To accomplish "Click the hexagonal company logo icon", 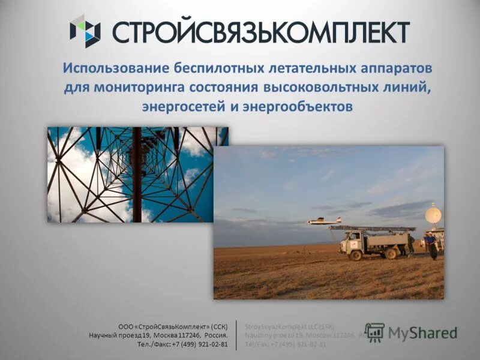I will (x=85, y=31).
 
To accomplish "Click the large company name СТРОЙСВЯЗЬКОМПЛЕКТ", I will (x=261, y=31).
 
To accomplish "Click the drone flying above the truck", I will (x=324, y=221).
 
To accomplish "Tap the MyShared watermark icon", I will (x=375, y=332).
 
